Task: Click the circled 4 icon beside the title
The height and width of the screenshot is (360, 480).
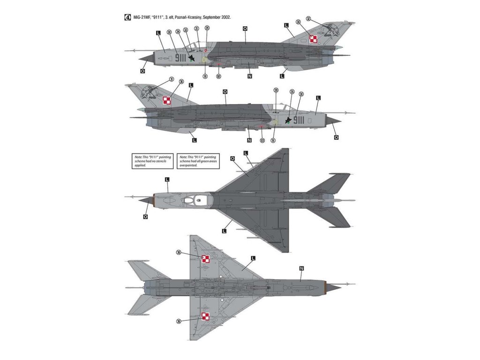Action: (x=127, y=17)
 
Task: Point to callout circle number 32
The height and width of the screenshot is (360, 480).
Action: (x=308, y=19)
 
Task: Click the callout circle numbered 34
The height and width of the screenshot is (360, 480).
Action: (x=178, y=32)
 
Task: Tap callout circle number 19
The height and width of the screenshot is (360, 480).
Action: (x=205, y=76)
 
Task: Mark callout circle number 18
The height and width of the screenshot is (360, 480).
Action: (x=273, y=140)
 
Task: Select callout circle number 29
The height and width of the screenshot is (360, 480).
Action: (x=207, y=28)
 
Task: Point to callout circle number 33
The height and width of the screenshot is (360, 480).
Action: (x=186, y=30)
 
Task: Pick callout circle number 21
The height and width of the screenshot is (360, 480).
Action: (x=197, y=29)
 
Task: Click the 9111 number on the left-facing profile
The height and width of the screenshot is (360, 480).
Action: (x=180, y=58)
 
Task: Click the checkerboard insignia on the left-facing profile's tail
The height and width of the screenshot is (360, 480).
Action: (x=314, y=40)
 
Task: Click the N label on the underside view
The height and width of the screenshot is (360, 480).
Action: (x=301, y=268)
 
